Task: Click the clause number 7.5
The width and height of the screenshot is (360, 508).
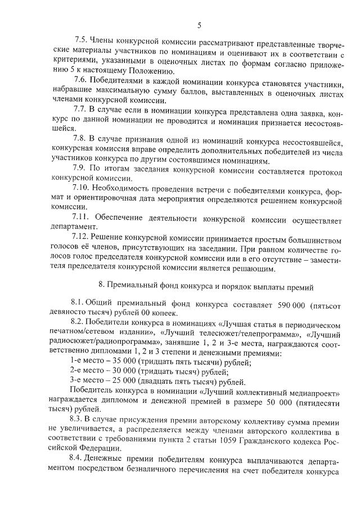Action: [82, 40]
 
